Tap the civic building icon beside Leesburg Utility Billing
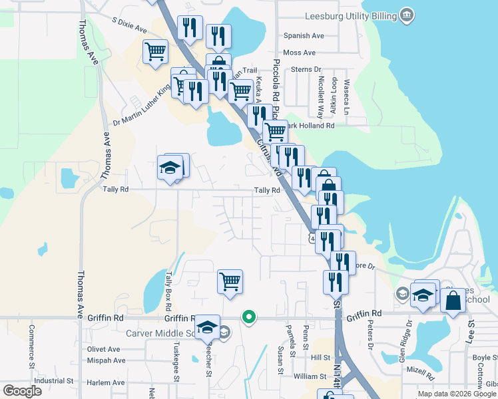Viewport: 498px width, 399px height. pyautogui.click(x=405, y=15)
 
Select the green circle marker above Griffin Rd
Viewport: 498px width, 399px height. pyautogui.click(x=249, y=318)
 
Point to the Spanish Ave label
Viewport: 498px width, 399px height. pyautogui.click(x=304, y=36)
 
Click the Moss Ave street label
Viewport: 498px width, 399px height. pyautogui.click(x=299, y=53)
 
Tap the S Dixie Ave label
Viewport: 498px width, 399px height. pyautogui.click(x=129, y=26)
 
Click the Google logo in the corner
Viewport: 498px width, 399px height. pyautogui.click(x=22, y=391)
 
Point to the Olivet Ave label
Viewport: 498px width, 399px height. pyautogui.click(x=103, y=349)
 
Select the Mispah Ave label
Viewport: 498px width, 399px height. pyautogui.click(x=106, y=360)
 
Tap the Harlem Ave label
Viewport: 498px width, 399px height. pyautogui.click(x=106, y=382)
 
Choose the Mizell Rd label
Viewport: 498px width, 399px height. pyautogui.click(x=420, y=368)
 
